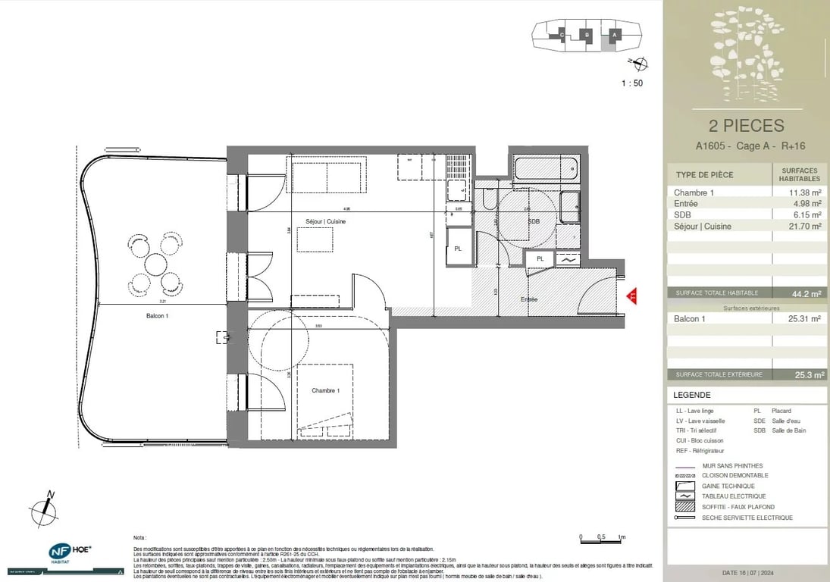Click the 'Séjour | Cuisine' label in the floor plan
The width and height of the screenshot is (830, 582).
pyautogui.click(x=326, y=221)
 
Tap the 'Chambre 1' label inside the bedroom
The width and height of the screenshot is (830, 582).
pyautogui.click(x=326, y=390)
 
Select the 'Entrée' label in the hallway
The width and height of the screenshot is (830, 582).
pyautogui.click(x=528, y=299)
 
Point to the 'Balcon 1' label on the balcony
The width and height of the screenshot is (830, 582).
pyautogui.click(x=158, y=316)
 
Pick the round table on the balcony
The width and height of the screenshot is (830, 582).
pyautogui.click(x=156, y=264)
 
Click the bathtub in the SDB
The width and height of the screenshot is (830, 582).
pyautogui.click(x=546, y=169)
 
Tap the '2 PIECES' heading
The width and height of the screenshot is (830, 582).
pyautogui.click(x=746, y=126)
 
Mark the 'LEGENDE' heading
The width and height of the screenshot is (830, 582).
pyautogui.click(x=692, y=395)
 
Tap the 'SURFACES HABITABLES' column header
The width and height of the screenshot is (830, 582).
pyautogui.click(x=800, y=174)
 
